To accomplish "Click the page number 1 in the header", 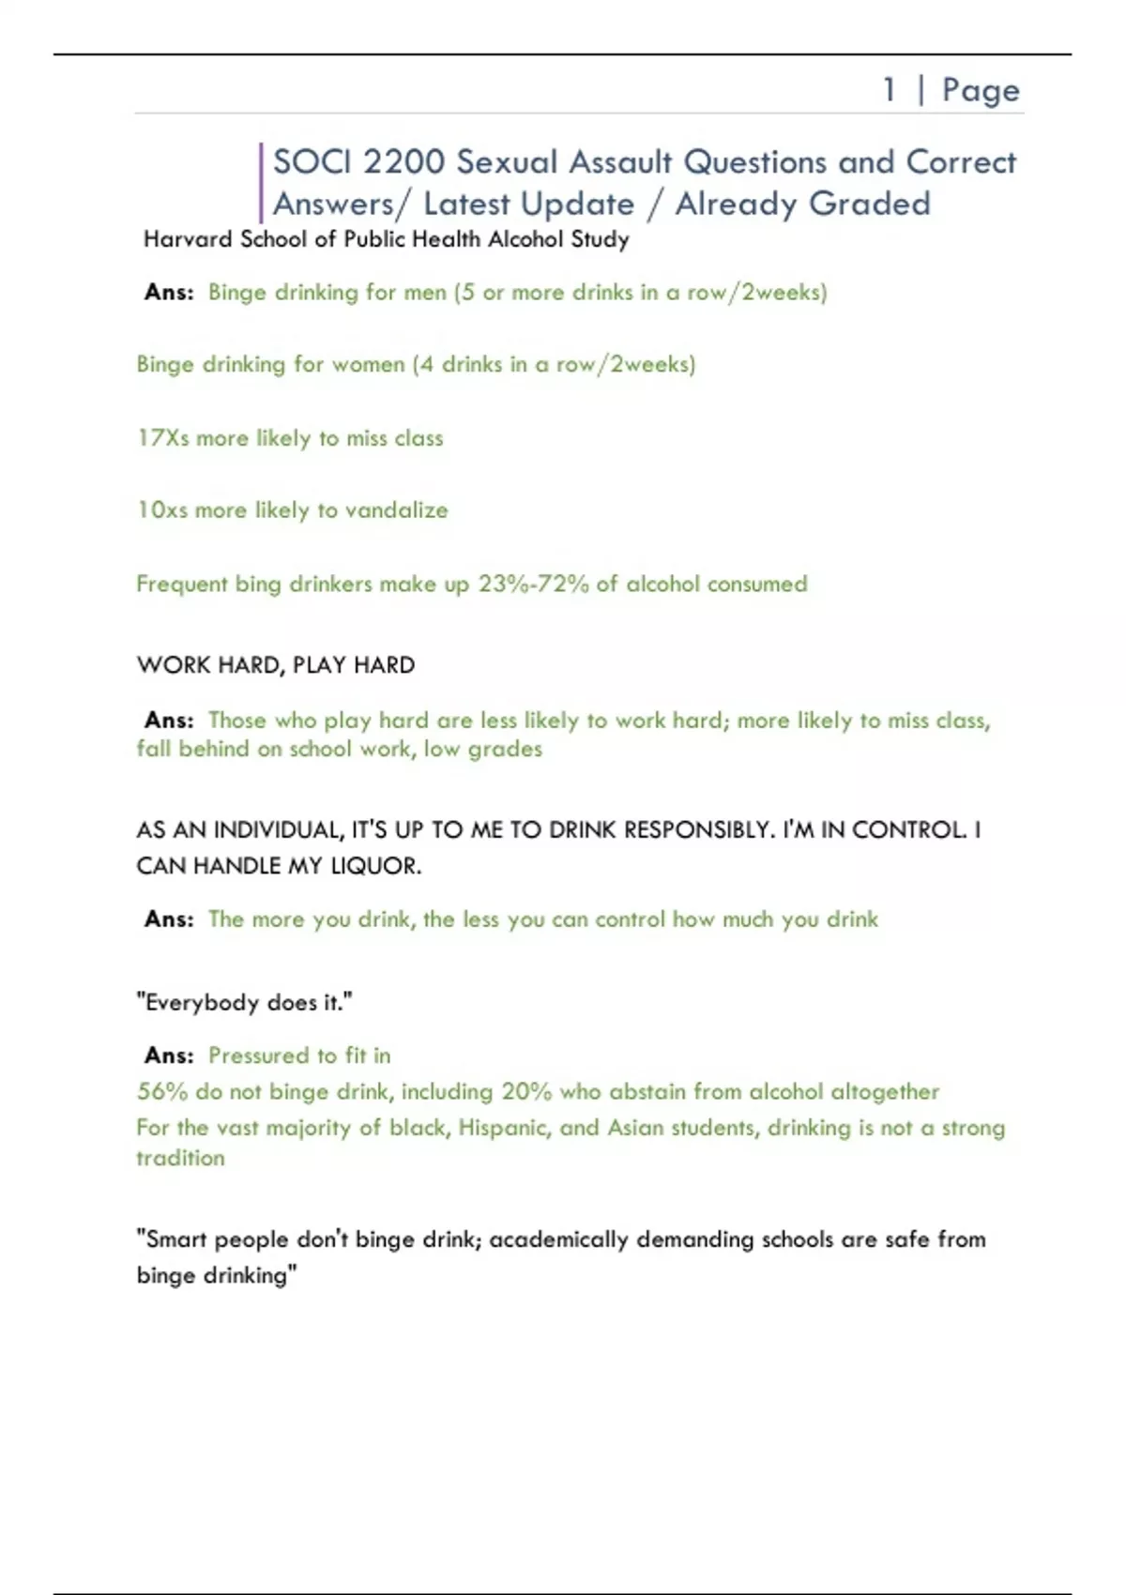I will pyautogui.click(x=889, y=90).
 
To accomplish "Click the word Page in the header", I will pyautogui.click(x=981, y=90).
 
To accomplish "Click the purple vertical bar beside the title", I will pyautogui.click(x=261, y=183).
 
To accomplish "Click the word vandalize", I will pyautogui.click(x=396, y=510).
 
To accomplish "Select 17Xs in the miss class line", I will pyautogui.click(x=162, y=438).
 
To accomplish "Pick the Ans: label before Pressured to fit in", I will pyautogui.click(x=169, y=1056).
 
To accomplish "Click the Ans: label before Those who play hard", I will pyautogui.click(x=169, y=721).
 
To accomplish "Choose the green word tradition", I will pyautogui.click(x=180, y=1158).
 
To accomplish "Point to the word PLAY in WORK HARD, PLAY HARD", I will pyautogui.click(x=319, y=665).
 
